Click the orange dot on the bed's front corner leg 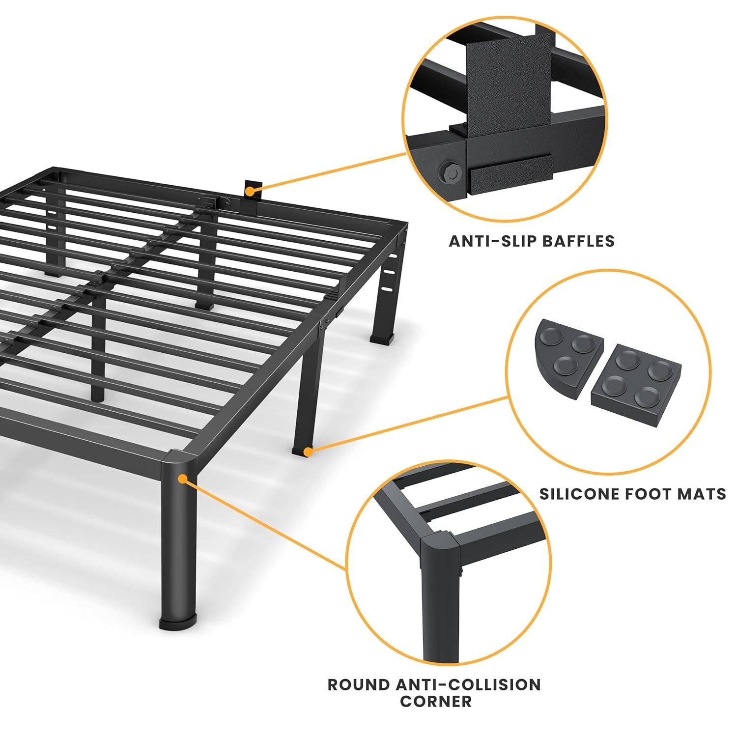point(182,478)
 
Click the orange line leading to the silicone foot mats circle point(408,424)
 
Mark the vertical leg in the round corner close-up point(437,614)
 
